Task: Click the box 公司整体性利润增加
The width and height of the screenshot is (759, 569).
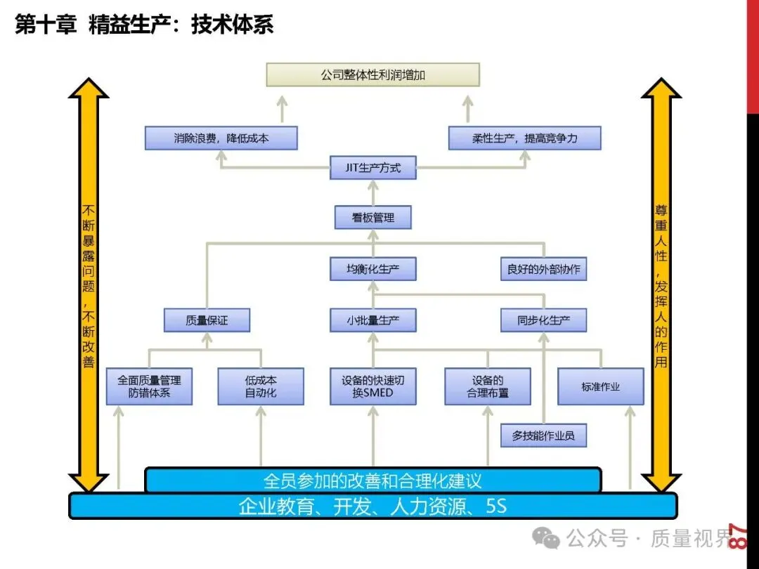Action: [372, 74]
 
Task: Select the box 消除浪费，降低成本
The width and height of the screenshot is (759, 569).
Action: [221, 138]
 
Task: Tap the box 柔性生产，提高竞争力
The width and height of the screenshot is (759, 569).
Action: [524, 138]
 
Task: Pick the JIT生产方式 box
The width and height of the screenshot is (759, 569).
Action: [372, 168]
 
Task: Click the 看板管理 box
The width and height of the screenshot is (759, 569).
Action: [372, 218]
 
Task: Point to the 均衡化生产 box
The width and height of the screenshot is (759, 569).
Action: [372, 269]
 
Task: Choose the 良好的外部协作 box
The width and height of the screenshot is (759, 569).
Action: [543, 269]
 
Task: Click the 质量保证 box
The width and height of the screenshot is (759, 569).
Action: [207, 320]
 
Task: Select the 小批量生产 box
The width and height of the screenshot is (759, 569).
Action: [372, 320]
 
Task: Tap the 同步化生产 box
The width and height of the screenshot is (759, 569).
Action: [543, 320]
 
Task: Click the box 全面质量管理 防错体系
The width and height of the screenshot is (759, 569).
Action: [149, 386]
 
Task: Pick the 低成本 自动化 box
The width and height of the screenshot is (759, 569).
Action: [260, 386]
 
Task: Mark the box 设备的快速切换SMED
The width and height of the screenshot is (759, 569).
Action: [372, 386]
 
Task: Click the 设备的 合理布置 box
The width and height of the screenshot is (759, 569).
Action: [487, 386]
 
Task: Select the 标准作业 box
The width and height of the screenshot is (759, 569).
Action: [600, 386]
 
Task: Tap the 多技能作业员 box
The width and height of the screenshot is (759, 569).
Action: [543, 436]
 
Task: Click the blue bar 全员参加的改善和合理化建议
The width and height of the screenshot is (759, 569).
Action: [372, 480]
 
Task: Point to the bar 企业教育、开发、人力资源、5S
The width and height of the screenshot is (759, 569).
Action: [372, 506]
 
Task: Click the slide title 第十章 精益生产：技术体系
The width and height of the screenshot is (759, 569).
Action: [144, 25]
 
